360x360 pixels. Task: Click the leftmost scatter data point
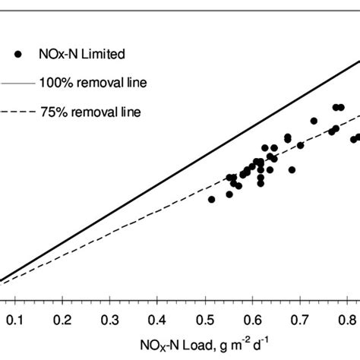211,199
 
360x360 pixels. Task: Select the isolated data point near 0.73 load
313,121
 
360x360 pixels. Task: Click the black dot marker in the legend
17,54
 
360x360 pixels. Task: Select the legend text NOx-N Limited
81,54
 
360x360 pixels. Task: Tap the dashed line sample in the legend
15,112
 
